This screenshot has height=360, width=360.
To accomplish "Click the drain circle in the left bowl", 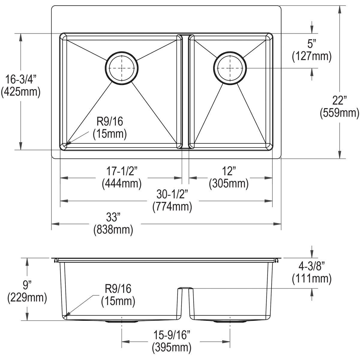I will tap(122, 68).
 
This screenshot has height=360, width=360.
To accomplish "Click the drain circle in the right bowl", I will tap(230, 68).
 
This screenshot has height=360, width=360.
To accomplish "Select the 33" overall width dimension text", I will tap(113, 217).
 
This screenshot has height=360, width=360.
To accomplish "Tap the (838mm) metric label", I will tap(113, 230).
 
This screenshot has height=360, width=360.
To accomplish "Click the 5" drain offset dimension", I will tap(312, 44).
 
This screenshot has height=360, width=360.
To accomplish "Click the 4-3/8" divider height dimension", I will tap(312, 265).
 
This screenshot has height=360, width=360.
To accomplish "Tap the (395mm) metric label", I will tap(171, 347).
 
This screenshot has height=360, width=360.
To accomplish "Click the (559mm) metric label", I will tap(339, 113).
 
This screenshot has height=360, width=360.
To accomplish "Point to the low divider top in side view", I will tap(185, 288).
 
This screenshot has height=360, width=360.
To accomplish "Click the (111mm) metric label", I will tap(312, 279).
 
